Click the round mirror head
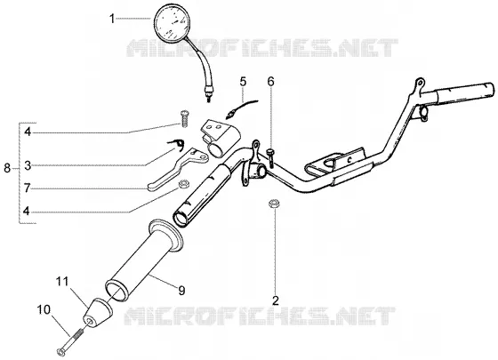171,23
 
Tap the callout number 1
112,19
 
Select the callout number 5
243,82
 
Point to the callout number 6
270,82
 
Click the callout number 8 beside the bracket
7,168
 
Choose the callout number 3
28,165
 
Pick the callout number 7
27,188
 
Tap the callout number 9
181,291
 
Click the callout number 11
62,281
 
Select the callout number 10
44,309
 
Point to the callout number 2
275,300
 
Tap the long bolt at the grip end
70,342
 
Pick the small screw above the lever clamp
184,119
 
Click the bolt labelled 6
271,158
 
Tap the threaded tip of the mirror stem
209,99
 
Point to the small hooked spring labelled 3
176,144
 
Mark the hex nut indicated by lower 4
183,183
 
